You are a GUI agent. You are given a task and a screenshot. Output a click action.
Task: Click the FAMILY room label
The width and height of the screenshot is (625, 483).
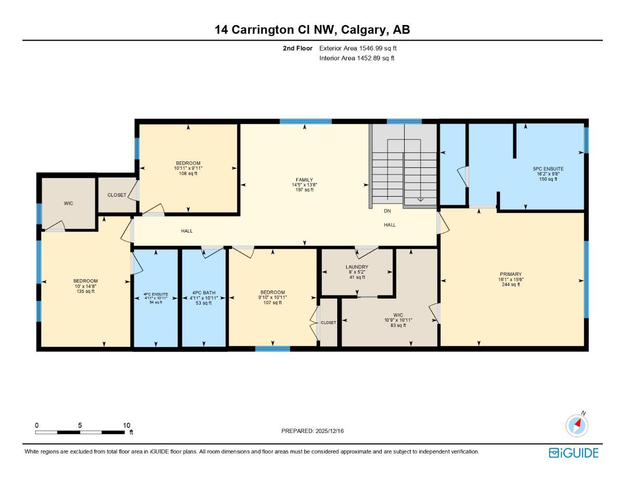pyautogui.click(x=304, y=180)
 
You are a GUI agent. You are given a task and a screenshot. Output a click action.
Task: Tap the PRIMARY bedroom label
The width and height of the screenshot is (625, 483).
pyautogui.click(x=511, y=274)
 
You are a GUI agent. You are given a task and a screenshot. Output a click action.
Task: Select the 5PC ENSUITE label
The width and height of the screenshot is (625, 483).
pyautogui.click(x=548, y=169)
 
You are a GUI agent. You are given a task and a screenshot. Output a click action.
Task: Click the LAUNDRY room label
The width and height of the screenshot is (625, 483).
pyautogui.click(x=357, y=267)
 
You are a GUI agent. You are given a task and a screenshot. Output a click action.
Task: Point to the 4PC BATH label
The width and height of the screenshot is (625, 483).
pyautogui.click(x=204, y=292)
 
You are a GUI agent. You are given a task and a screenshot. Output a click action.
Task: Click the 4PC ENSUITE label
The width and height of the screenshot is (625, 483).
pyautogui.click(x=156, y=294)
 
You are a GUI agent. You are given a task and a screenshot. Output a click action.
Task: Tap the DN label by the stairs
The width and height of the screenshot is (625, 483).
pyautogui.click(x=387, y=211)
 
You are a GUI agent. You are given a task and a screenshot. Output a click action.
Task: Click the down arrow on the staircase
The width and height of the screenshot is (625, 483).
pyautogui.click(x=420, y=199)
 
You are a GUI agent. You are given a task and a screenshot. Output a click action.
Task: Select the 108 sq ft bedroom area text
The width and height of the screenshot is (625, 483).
pyautogui.click(x=188, y=174)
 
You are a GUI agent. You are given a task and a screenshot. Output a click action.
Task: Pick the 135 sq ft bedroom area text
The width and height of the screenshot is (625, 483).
pyautogui.click(x=85, y=291)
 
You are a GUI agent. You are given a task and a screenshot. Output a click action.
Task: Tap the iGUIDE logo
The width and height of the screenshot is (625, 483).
pyautogui.click(x=574, y=453)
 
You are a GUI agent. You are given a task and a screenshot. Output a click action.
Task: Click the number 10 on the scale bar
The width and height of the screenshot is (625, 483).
pyautogui.click(x=126, y=425)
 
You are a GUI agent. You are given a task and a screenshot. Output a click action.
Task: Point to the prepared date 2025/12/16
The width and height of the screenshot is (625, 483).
pyautogui.click(x=330, y=431)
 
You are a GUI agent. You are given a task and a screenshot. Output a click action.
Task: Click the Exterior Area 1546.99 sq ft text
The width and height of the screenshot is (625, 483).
pyautogui.click(x=358, y=48)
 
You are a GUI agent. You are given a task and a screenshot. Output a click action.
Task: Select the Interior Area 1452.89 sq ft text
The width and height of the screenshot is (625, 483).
pyautogui.click(x=357, y=58)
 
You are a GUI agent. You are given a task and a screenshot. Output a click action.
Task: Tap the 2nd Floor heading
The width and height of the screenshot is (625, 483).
pyautogui.click(x=298, y=48)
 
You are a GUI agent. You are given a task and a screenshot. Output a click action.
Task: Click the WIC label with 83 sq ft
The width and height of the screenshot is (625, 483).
pyautogui.click(x=398, y=315)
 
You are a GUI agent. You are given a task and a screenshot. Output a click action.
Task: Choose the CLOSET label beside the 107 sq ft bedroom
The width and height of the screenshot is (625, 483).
pyautogui.click(x=329, y=323)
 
